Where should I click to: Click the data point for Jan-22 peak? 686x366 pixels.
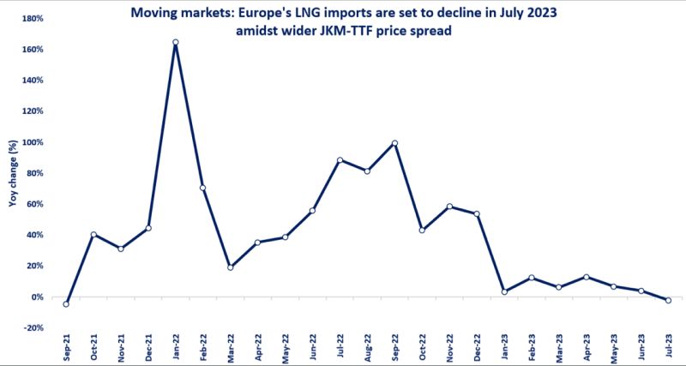(x=176, y=42)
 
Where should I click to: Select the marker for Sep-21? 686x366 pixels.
(x=66, y=303)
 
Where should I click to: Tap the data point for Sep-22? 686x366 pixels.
(x=394, y=143)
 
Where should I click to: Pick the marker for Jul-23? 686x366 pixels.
(x=668, y=300)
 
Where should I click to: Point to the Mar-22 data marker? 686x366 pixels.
(x=231, y=267)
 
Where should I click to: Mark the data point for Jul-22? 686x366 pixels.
(x=340, y=160)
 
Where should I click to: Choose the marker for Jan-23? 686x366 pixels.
(x=504, y=291)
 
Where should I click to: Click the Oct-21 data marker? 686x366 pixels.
(x=93, y=235)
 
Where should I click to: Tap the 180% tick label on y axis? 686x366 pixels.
(x=32, y=19)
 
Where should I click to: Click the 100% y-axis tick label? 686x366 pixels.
(x=32, y=142)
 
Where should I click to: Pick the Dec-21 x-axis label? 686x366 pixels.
(x=148, y=347)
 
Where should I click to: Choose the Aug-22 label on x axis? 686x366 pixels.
(x=368, y=347)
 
